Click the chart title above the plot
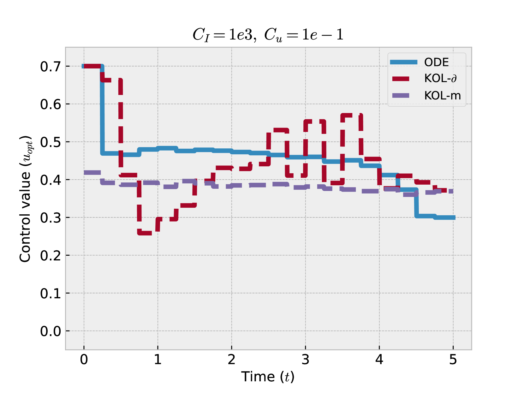[268, 35]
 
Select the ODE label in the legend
[436, 62]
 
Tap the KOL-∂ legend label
[440, 78]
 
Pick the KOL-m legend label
[442, 95]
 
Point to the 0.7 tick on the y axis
[51, 67]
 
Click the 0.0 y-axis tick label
[51, 331]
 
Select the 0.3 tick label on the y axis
[51, 218]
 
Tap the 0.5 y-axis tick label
[51, 142]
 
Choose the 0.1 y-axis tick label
[51, 294]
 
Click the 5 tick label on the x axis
[453, 360]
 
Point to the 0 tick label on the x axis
[84, 360]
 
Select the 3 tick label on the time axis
[305, 360]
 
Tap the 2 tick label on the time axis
[231, 360]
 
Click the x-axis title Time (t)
[268, 377]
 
